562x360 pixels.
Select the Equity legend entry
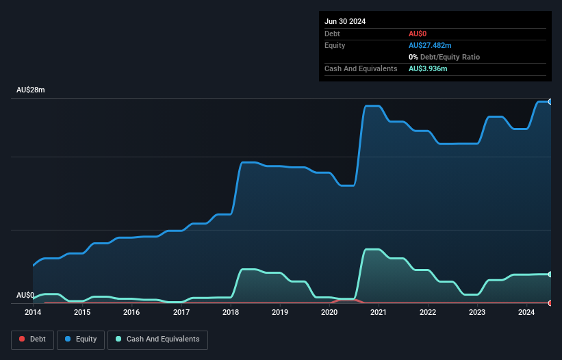(80, 339)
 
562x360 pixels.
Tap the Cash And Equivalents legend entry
(157, 339)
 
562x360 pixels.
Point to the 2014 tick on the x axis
(33, 313)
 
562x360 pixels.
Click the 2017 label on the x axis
(181, 313)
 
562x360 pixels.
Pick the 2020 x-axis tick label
(329, 313)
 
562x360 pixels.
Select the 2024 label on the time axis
(526, 313)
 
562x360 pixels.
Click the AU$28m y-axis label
(30, 90)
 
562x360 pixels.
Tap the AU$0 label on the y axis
(25, 296)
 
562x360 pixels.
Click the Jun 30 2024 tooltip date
(345, 21)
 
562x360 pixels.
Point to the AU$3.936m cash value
(428, 69)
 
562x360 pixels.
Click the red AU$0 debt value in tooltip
(418, 34)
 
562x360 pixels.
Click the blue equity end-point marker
(550, 101)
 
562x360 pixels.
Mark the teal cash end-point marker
(550, 274)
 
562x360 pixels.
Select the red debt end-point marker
(550, 303)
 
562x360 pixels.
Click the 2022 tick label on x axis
(428, 313)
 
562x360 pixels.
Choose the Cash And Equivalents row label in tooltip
(361, 69)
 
